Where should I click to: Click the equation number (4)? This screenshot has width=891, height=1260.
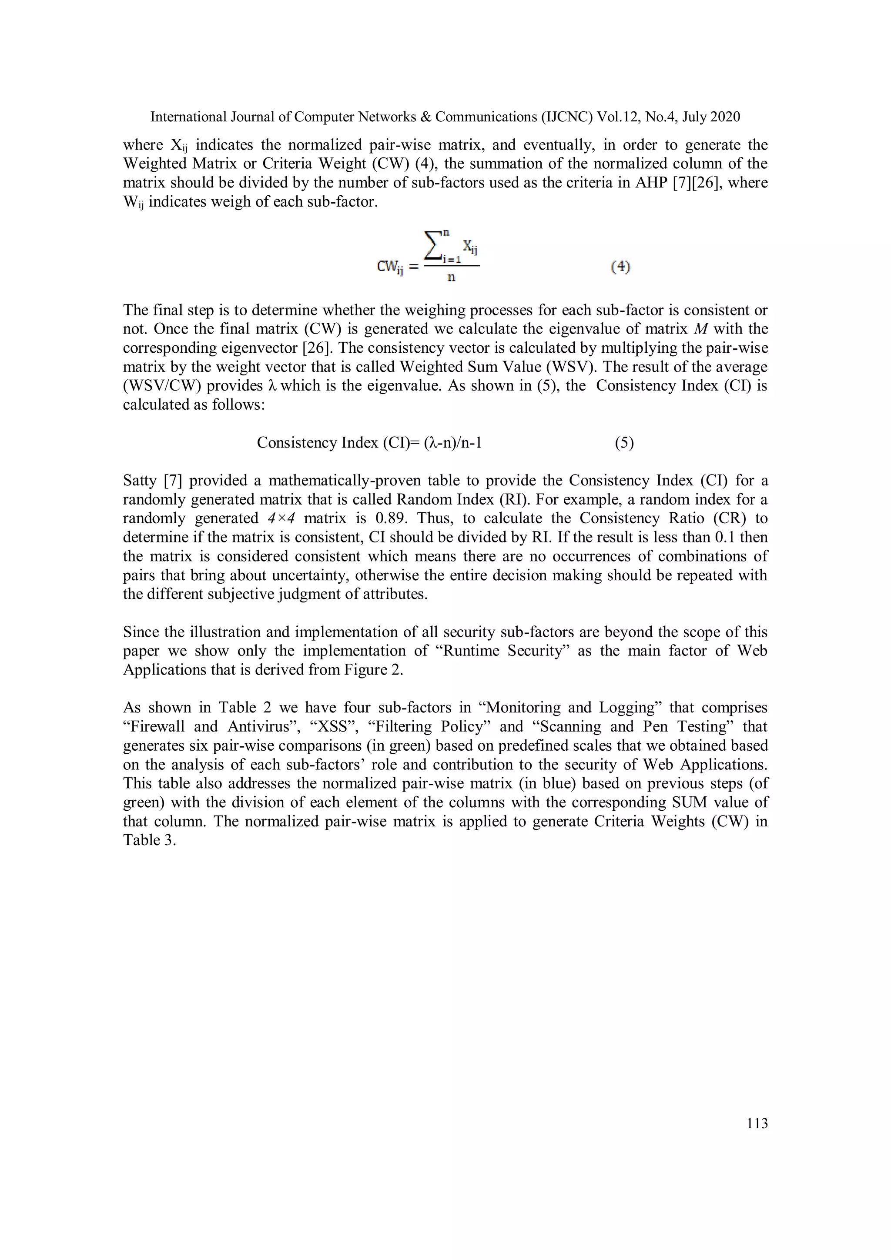click(620, 267)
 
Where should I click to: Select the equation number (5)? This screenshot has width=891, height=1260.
click(624, 443)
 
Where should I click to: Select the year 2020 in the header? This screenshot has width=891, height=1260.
click(725, 117)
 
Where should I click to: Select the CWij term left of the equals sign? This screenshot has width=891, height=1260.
click(390, 267)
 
